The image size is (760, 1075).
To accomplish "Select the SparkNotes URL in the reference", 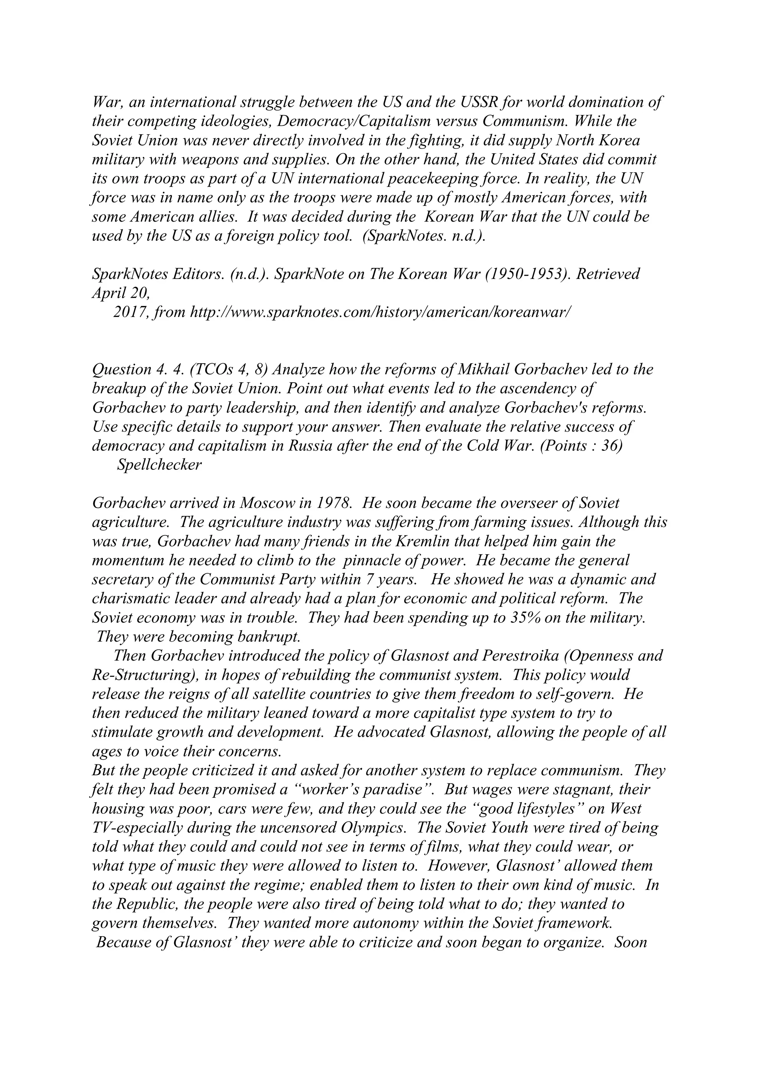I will tap(380, 312).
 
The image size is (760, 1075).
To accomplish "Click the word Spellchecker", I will tap(159, 465).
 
